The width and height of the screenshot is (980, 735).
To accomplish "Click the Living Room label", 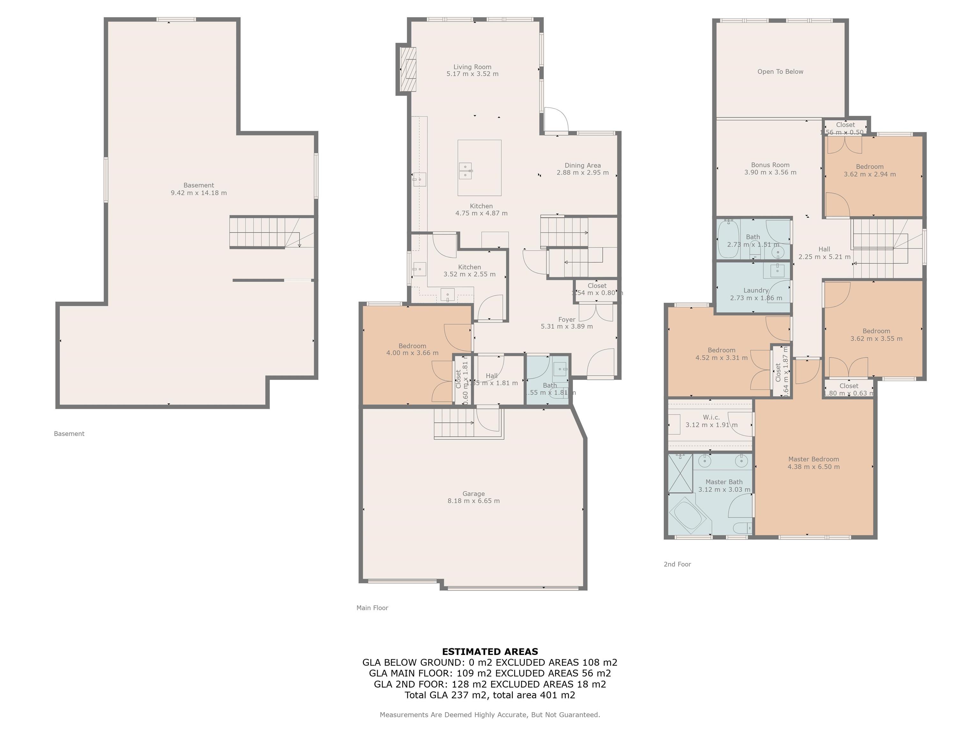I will coord(472,67).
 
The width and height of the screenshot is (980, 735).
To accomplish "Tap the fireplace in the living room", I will coord(408,69).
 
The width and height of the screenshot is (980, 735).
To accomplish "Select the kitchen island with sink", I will coord(479,168).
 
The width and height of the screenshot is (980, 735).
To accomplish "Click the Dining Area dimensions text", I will coord(582,172).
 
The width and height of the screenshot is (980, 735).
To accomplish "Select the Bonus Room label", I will coord(770,165).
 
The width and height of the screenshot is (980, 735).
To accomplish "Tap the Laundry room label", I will coord(756,291).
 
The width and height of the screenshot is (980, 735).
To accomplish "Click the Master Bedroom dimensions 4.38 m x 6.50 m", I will coord(813,466).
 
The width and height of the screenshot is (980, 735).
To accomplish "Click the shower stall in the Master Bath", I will coord(680,473).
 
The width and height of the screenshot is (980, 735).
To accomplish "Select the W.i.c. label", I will coord(711,417).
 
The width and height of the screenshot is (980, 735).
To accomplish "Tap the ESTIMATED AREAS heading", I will coord(490,652).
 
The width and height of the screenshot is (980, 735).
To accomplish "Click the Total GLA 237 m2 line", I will coord(490,695).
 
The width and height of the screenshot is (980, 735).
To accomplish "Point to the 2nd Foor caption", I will coord(677,564).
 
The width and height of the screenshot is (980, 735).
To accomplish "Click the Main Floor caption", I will coord(372,608).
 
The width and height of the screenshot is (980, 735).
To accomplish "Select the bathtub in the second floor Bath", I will coord(728,239).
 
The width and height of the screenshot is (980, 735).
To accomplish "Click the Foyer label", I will coord(567,319).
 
